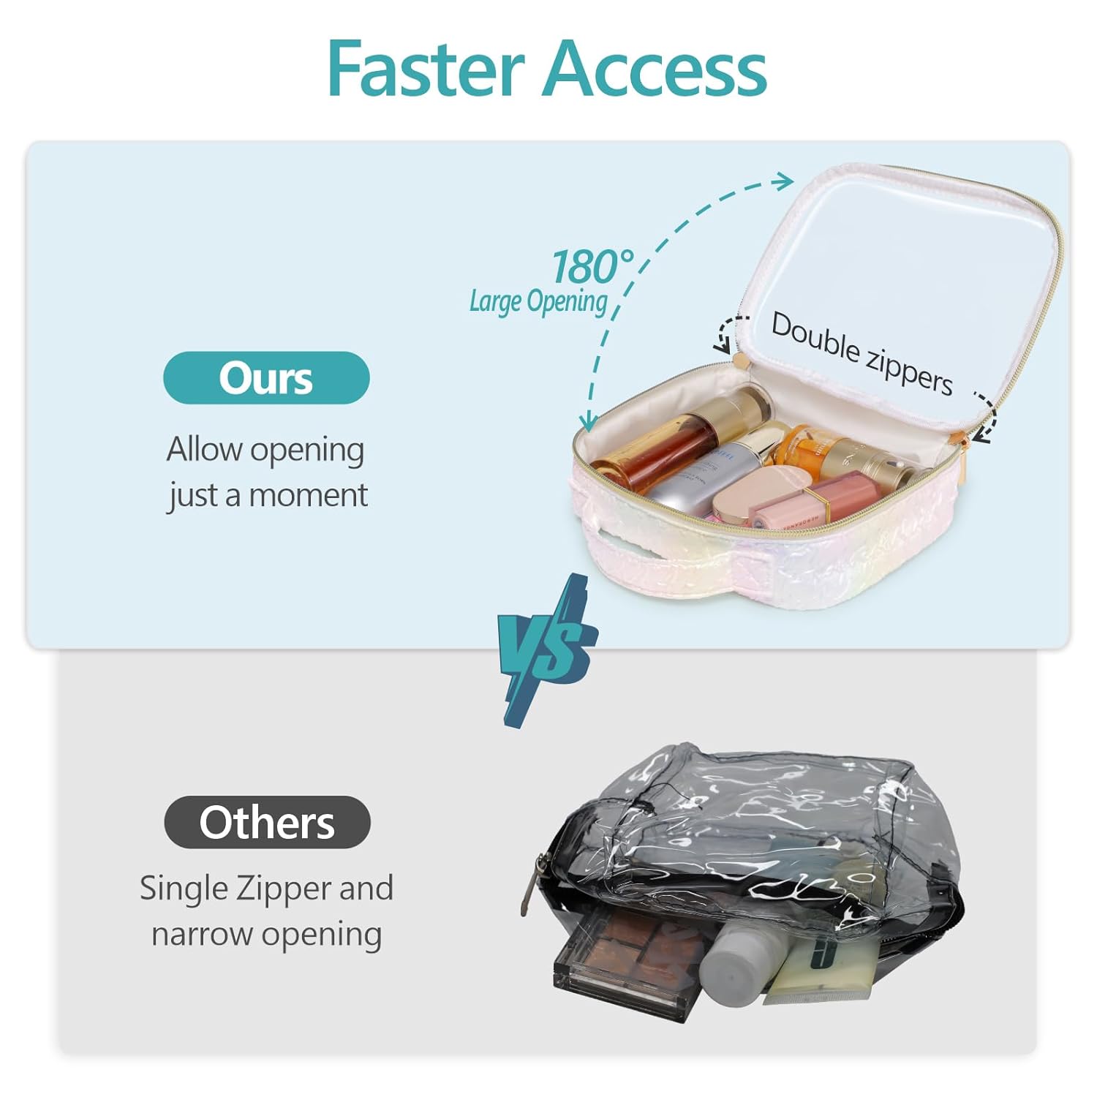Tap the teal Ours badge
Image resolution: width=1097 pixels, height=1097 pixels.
(x=266, y=378)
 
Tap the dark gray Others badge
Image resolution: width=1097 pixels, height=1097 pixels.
(x=267, y=822)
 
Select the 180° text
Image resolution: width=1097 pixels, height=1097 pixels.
(x=592, y=267)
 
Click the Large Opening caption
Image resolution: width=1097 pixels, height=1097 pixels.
(x=538, y=301)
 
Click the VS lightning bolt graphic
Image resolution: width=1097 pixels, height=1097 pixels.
(x=547, y=649)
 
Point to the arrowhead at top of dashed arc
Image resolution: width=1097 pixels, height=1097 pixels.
(x=786, y=180)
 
